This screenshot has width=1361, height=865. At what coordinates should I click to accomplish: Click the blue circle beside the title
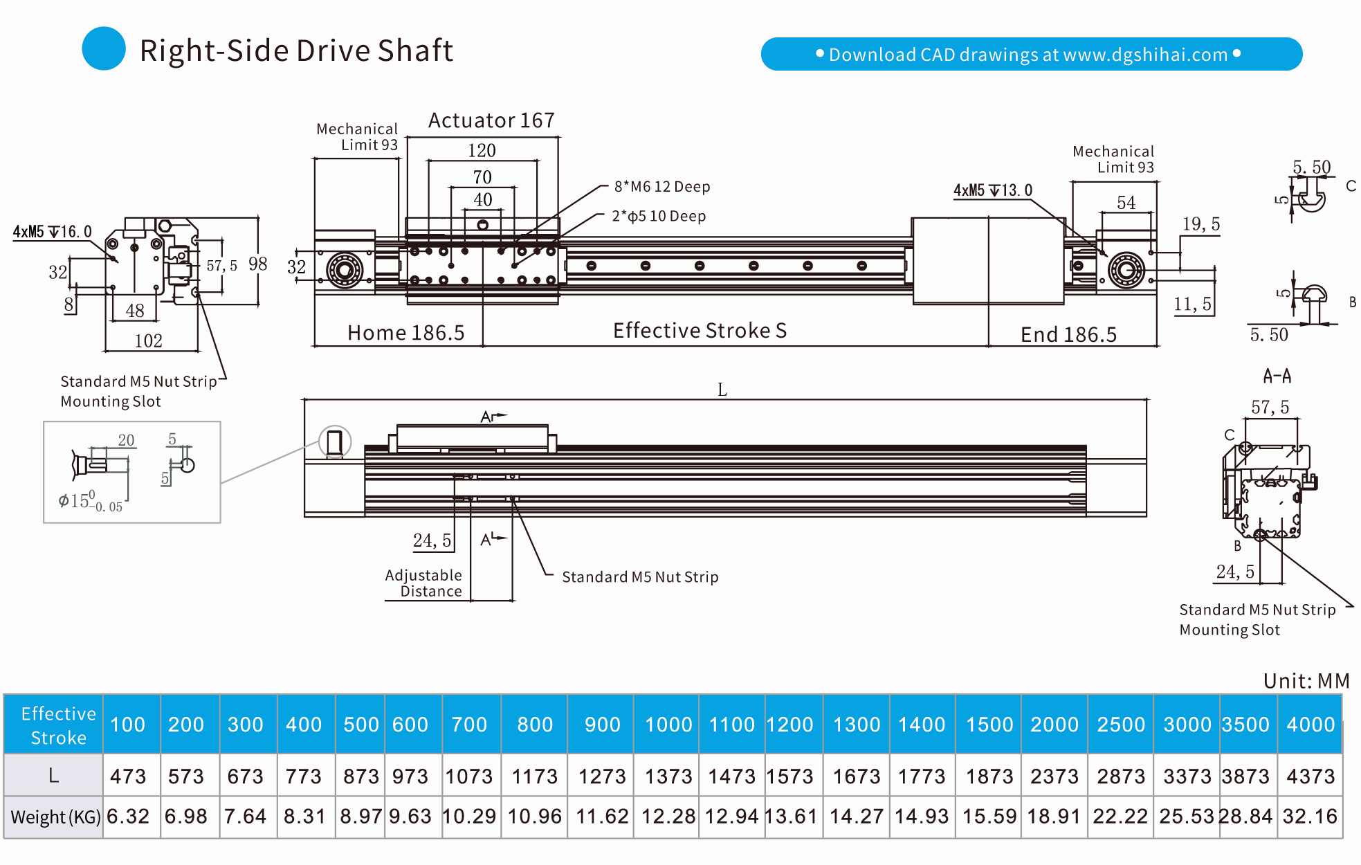(x=104, y=48)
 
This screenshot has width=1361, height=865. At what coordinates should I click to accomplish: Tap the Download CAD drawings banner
(x=1031, y=54)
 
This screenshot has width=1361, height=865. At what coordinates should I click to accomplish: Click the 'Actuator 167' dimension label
(x=491, y=120)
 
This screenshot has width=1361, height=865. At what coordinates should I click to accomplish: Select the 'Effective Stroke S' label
(x=700, y=331)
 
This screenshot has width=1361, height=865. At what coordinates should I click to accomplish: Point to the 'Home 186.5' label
(x=405, y=333)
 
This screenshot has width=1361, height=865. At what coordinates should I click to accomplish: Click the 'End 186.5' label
(x=1068, y=335)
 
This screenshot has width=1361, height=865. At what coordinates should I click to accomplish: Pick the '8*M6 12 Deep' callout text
(x=662, y=187)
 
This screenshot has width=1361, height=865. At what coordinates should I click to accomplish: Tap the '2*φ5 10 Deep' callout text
(x=659, y=217)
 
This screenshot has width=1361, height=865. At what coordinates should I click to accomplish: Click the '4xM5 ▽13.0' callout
(x=992, y=190)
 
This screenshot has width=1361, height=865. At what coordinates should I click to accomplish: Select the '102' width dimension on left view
(x=148, y=340)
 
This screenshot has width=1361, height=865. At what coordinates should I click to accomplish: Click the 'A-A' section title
(x=1277, y=376)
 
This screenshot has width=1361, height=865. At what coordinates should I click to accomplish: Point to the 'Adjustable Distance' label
(x=423, y=583)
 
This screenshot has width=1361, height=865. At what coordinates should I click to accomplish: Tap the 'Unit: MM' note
(x=1306, y=681)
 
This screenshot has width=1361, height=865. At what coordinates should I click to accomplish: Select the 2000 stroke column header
(x=1054, y=725)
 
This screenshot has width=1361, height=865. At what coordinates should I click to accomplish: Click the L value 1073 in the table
(x=469, y=776)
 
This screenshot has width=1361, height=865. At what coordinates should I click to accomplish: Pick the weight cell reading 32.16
(x=1310, y=817)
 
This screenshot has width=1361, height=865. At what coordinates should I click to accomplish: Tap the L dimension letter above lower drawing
(x=722, y=390)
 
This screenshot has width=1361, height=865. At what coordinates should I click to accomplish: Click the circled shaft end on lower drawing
(x=335, y=442)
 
